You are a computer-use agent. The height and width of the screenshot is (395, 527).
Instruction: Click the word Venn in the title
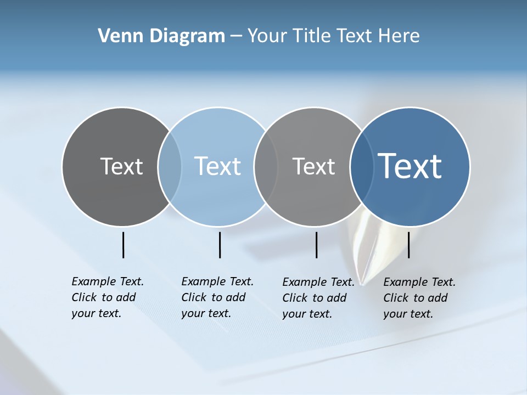(117, 36)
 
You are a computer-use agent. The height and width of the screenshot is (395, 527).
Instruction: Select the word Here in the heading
(399, 36)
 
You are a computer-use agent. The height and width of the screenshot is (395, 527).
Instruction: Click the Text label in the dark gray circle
(121, 166)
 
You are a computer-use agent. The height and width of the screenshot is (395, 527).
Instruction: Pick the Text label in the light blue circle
(218, 166)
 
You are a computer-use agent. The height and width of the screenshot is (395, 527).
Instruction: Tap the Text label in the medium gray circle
(313, 166)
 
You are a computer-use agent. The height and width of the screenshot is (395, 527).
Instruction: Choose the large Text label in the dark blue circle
(410, 166)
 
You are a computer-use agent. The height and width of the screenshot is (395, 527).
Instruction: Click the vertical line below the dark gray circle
(124, 245)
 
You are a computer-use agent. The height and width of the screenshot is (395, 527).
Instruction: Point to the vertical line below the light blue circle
(220, 245)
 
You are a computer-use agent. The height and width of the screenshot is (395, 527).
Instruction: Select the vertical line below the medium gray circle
(316, 245)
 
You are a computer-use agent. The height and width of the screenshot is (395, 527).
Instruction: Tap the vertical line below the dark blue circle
(408, 245)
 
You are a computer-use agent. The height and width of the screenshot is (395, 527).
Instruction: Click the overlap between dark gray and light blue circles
(170, 167)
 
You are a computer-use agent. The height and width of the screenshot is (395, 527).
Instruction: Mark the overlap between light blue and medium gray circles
(266, 167)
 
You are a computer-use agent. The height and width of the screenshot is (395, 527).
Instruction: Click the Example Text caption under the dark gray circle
(107, 297)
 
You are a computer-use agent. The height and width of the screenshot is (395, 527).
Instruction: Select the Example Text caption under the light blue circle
(217, 297)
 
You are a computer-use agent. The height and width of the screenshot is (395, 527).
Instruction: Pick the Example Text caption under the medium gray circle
(318, 298)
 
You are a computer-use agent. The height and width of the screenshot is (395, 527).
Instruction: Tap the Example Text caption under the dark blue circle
(419, 298)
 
